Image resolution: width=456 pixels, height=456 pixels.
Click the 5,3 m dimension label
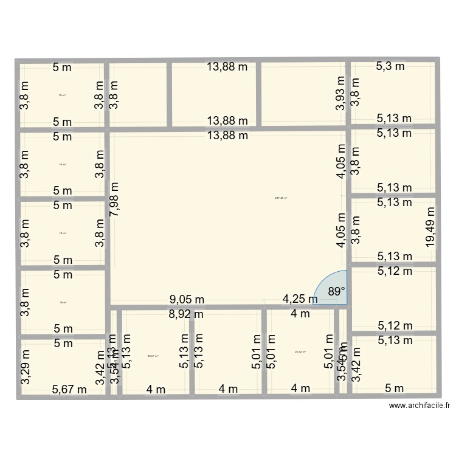click(390, 66)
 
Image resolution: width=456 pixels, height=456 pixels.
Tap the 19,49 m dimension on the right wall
click(430, 226)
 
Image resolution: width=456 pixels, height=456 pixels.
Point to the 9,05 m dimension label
click(187, 299)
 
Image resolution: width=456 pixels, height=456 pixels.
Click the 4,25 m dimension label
click(300, 299)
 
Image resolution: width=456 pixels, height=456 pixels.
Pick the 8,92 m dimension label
click(187, 314)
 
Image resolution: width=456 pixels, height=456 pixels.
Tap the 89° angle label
click(336, 292)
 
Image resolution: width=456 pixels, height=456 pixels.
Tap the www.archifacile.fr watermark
click(421, 406)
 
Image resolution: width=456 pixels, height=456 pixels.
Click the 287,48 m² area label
click(281, 198)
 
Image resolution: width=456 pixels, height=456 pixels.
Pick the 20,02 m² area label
click(300, 351)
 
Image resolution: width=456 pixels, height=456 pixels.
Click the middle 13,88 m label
click(227, 120)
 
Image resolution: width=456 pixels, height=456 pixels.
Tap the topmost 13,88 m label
click(227, 67)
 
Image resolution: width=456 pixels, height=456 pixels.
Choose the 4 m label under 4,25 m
click(300, 314)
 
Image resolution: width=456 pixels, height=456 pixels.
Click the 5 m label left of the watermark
click(394, 389)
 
